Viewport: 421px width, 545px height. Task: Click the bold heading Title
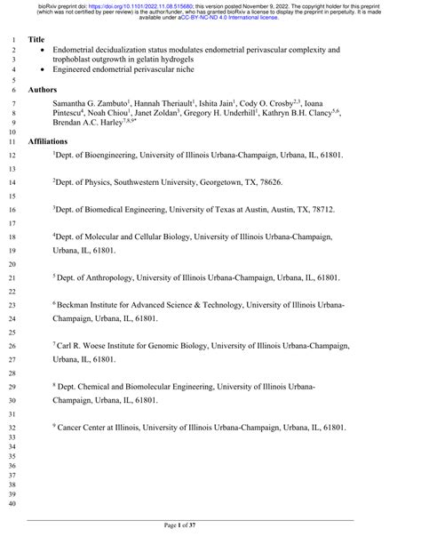click(36, 40)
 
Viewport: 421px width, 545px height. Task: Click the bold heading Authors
click(43, 91)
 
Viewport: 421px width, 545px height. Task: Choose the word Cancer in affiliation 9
click(73, 428)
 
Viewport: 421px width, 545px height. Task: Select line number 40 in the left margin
click(12, 505)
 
